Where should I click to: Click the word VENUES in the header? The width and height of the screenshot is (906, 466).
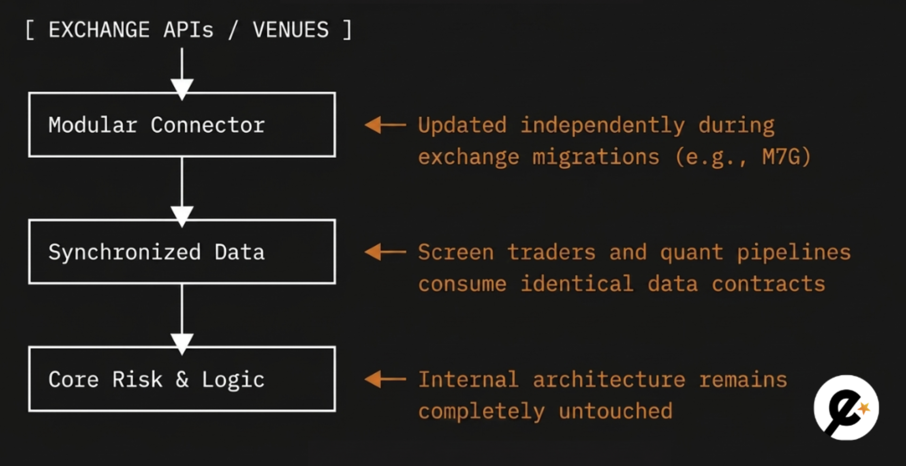coord(291,30)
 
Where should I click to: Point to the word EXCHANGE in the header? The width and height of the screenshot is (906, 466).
coord(99,30)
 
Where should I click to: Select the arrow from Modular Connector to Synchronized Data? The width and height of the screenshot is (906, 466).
coord(182,192)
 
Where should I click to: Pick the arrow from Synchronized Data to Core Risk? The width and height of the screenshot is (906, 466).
coord(182,320)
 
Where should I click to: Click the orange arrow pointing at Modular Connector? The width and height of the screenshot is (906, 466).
coord(385,125)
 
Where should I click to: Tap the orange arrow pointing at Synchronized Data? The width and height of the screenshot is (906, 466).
coord(385,252)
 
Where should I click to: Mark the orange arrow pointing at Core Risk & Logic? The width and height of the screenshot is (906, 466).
coord(385,379)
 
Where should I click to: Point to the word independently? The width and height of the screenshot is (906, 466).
coord(603,125)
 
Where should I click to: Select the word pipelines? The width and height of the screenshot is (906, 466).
coord(794,253)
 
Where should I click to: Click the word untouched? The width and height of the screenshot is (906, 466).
coord(615,411)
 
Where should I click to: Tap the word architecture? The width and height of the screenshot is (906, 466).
coord(609,380)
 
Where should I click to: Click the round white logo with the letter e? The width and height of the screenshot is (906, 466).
coord(846,408)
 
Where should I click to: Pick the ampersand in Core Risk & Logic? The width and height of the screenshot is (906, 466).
coord(182,380)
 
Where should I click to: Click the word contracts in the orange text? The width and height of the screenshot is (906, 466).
coord(768,284)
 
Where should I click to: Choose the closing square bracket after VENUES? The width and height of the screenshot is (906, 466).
coord(347,30)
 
